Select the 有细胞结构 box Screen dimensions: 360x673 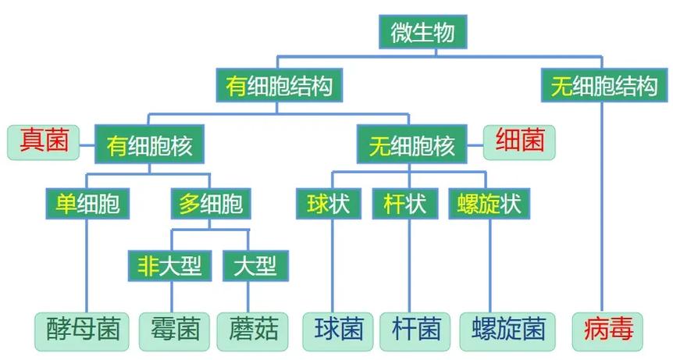279,85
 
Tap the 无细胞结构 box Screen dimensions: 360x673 604,85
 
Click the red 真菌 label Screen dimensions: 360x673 45,142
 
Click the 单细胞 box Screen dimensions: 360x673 87,205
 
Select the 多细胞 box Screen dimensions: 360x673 210,205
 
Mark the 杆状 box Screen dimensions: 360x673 405,205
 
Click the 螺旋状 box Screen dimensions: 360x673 489,205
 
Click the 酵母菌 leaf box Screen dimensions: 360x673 81,330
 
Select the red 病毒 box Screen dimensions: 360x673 607,330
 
